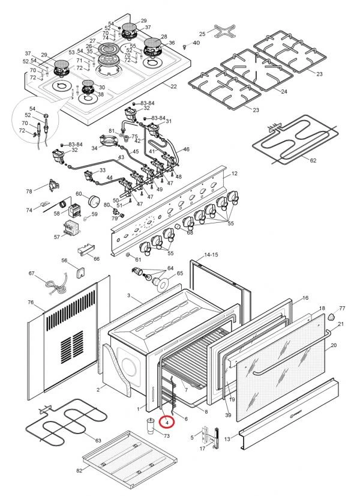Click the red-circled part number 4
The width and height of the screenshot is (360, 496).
(x=167, y=423)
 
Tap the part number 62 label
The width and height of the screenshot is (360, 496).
(x=313, y=161)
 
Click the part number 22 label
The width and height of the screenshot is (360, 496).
(x=173, y=87)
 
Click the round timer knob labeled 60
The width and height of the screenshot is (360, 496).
(x=94, y=201)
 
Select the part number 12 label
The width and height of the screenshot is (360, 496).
(x=234, y=174)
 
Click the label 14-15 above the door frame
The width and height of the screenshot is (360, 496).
(x=211, y=255)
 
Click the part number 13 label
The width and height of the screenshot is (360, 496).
(x=227, y=440)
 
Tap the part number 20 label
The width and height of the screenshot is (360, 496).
(x=334, y=345)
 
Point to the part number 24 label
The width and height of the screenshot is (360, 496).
(x=284, y=92)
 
